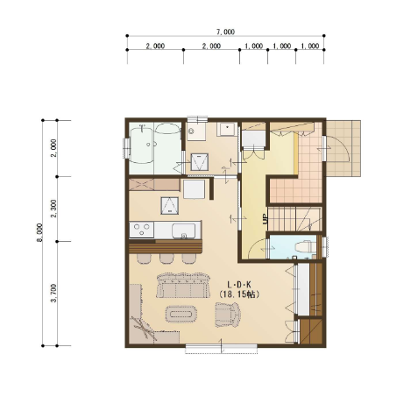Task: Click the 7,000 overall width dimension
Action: (225, 32)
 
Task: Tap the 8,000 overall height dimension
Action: (39, 232)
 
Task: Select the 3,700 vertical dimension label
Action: (53, 293)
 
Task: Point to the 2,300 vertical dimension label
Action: (53, 209)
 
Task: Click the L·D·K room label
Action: (239, 284)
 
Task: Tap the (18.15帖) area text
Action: (239, 294)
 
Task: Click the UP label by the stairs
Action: (266, 219)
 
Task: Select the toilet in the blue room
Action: (304, 247)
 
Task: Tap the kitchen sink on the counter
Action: (183, 230)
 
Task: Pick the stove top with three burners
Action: (142, 230)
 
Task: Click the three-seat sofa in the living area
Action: (183, 286)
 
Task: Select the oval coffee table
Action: (181, 314)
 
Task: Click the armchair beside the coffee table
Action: (228, 315)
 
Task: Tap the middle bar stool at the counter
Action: (166, 259)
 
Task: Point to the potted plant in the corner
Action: (144, 330)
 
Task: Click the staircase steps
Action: (294, 219)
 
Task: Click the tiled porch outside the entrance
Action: (343, 148)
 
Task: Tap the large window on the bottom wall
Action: (222, 348)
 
